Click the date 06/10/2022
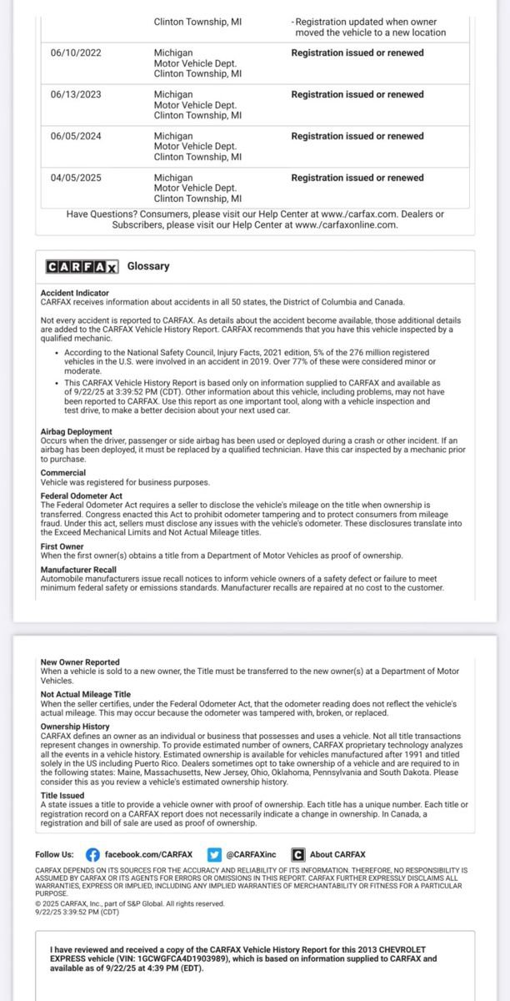click(x=76, y=53)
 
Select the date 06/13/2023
click(x=76, y=94)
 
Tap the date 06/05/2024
click(x=76, y=136)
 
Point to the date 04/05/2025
click(x=76, y=178)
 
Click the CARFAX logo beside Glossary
click(x=82, y=267)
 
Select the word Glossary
click(x=148, y=266)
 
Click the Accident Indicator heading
click(x=75, y=294)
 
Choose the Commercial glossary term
click(x=63, y=473)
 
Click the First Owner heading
click(x=62, y=546)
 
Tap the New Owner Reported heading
click(x=80, y=662)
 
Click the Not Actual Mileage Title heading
click(x=86, y=694)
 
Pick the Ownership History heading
click(x=75, y=727)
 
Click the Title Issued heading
click(x=62, y=796)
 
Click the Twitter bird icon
click(x=214, y=854)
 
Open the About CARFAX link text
click(x=337, y=854)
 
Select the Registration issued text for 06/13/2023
click(x=357, y=94)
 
